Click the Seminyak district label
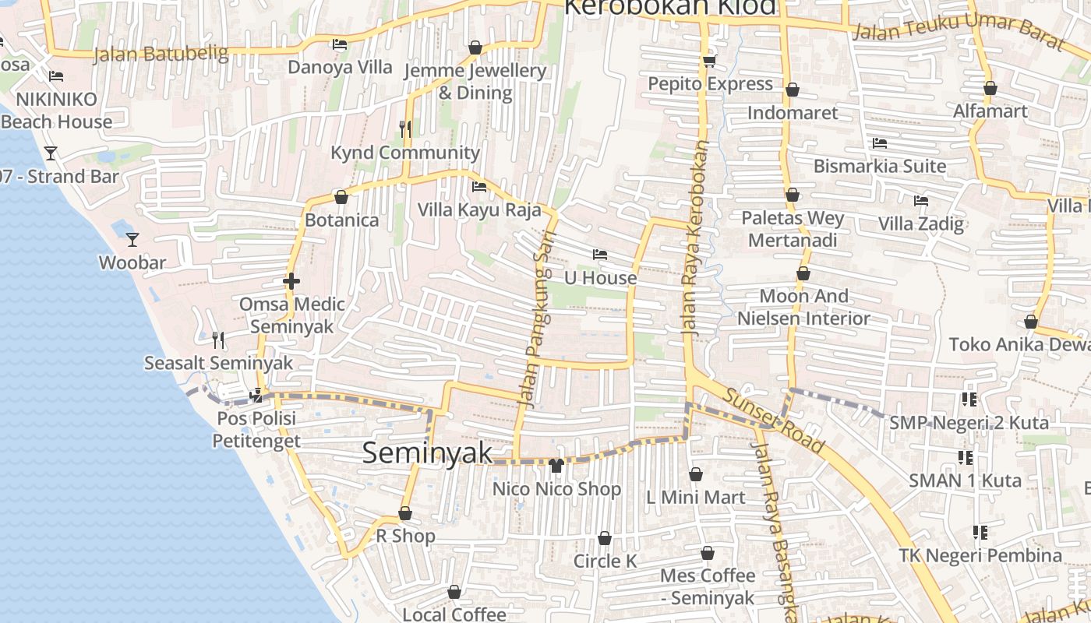click(427, 453)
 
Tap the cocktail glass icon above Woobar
click(132, 239)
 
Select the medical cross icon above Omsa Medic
click(291, 281)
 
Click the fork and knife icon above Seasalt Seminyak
click(218, 340)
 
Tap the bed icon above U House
click(599, 255)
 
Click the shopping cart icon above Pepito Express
click(709, 61)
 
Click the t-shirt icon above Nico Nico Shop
click(556, 466)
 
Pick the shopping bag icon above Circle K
click(604, 538)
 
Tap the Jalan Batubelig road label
click(161, 54)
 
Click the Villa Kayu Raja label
click(479, 209)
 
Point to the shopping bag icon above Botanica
click(341, 197)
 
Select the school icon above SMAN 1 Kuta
click(965, 457)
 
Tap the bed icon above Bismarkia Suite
click(880, 143)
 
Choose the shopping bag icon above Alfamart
click(990, 88)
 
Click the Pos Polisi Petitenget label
click(256, 430)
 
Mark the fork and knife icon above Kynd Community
click(405, 129)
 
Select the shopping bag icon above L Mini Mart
click(696, 474)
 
